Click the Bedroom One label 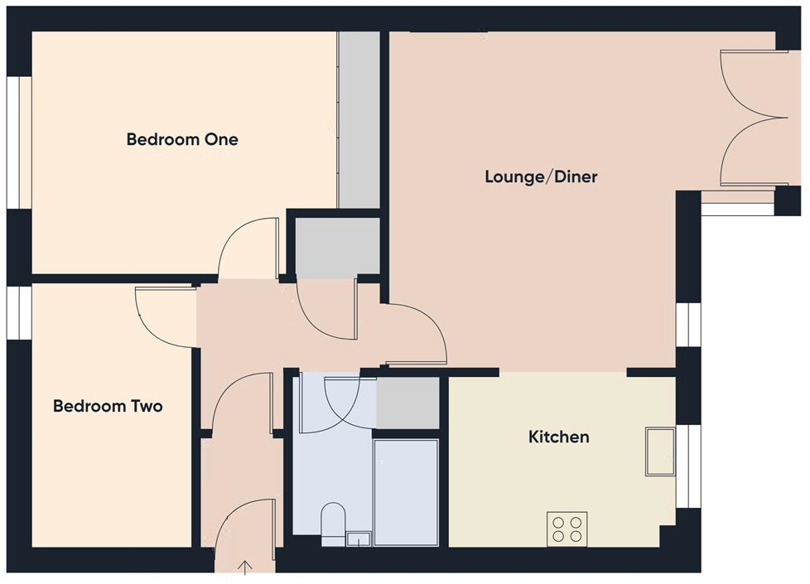pos(182,139)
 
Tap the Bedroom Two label pos(108,406)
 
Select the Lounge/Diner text pos(541,176)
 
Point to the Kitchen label pos(559,437)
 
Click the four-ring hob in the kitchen pos(567,528)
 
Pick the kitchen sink pos(661,451)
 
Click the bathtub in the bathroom pos(406,492)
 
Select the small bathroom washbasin pos(359,539)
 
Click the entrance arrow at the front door pos(246,567)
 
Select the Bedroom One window pos(19,142)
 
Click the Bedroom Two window pos(19,312)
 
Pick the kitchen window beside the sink pos(687,466)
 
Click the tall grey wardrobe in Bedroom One pos(359,120)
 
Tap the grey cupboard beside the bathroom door pos(407,403)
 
